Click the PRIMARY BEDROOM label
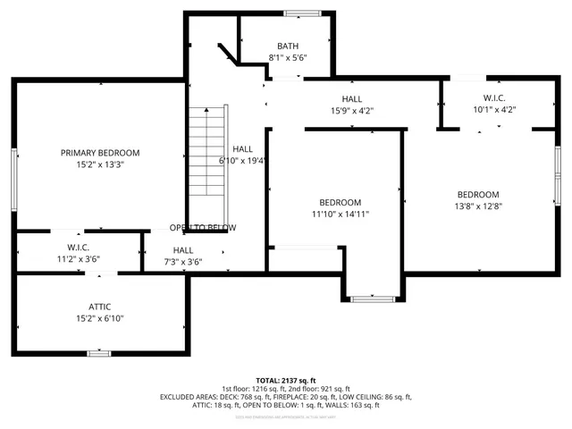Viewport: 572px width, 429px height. (x=100, y=153)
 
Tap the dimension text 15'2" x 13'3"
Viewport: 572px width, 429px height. (x=100, y=164)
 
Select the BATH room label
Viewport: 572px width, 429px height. (x=288, y=46)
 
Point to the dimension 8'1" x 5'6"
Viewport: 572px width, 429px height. (x=288, y=58)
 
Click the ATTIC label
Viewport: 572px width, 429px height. (x=100, y=307)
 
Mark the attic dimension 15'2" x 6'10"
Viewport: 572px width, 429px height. (x=100, y=318)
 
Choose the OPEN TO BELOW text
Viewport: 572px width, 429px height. (x=203, y=228)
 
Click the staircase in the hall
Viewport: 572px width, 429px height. (x=208, y=152)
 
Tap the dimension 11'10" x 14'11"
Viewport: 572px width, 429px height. (x=341, y=214)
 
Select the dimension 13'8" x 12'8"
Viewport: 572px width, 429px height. (x=478, y=206)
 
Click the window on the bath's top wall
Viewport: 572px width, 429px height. (x=299, y=13)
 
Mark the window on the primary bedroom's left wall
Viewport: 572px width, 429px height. (x=14, y=180)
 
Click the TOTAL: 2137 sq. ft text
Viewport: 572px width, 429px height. (x=286, y=380)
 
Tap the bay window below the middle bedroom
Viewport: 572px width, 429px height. (x=373, y=299)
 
